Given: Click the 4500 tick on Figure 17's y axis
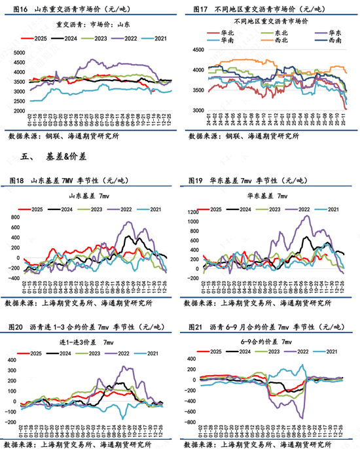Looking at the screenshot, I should (x=195, y=49).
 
